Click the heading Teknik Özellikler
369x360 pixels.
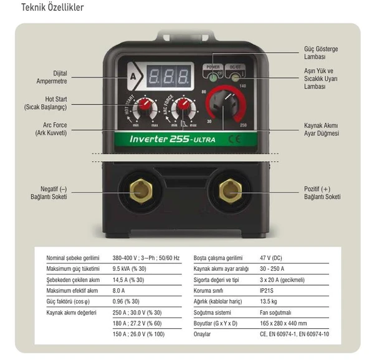tap(52, 8)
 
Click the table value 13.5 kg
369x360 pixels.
tap(272, 301)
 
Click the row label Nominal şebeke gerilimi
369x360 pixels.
tap(73, 258)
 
